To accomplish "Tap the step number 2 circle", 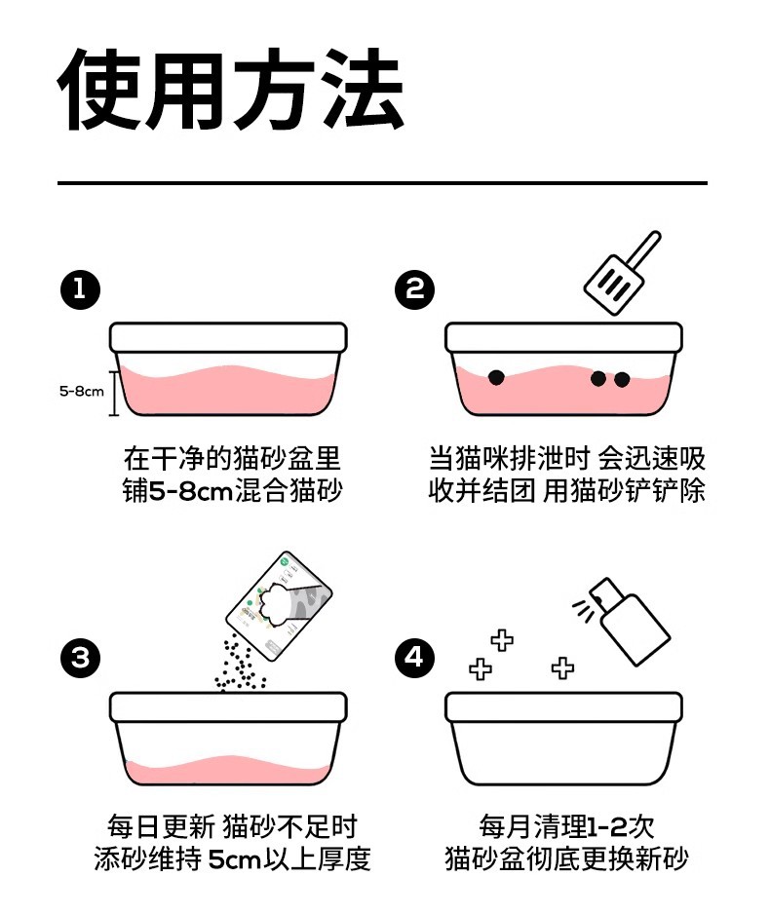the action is (415, 289).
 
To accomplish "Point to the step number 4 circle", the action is (415, 658).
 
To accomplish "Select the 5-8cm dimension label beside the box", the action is (81, 392).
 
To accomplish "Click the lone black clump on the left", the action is (496, 375).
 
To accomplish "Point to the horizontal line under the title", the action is (382, 182).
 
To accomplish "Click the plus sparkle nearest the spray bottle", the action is (562, 667).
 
